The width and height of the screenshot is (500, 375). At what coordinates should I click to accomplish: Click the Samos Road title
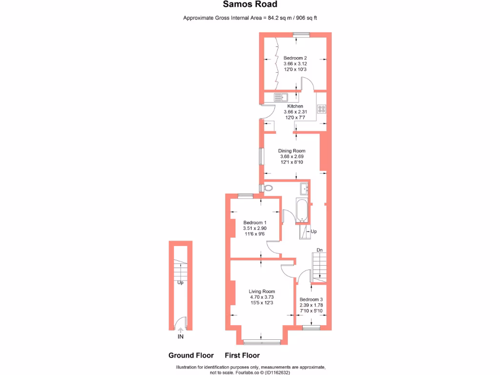coord(250,4)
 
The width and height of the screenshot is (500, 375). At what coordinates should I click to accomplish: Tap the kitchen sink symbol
coord(281,97)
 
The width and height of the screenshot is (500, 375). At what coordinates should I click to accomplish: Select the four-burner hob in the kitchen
coord(321,109)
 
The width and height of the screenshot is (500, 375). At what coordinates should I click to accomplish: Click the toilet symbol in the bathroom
coord(268,188)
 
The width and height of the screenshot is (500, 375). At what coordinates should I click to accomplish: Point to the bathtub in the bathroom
coord(301,210)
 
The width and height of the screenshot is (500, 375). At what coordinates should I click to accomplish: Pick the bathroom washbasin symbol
coord(304,188)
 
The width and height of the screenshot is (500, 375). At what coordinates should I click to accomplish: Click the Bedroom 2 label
coord(295,58)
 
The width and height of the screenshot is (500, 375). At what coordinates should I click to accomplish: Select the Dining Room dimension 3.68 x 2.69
coord(292,157)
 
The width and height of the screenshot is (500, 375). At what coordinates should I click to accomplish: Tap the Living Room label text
coord(262,292)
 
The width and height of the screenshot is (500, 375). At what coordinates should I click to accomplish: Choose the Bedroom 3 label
coord(311,299)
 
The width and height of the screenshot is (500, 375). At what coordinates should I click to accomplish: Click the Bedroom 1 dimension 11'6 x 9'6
coord(255,234)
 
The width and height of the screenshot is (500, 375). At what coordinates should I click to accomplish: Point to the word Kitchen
coord(295,106)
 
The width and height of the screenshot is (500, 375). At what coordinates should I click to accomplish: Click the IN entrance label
coord(181,337)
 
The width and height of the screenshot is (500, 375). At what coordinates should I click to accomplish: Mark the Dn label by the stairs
coord(319,250)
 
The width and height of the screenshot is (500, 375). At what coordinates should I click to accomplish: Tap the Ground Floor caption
coord(191,355)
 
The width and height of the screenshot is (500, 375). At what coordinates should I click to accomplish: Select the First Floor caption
coord(242,355)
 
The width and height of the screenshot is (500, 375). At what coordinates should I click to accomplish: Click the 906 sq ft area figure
coord(307,18)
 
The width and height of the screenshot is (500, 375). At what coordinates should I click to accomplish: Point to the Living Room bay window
coord(262,342)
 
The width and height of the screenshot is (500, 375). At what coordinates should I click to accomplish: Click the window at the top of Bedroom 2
coord(301,35)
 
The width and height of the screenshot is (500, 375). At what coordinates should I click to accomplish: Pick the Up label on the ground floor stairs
coord(181,283)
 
